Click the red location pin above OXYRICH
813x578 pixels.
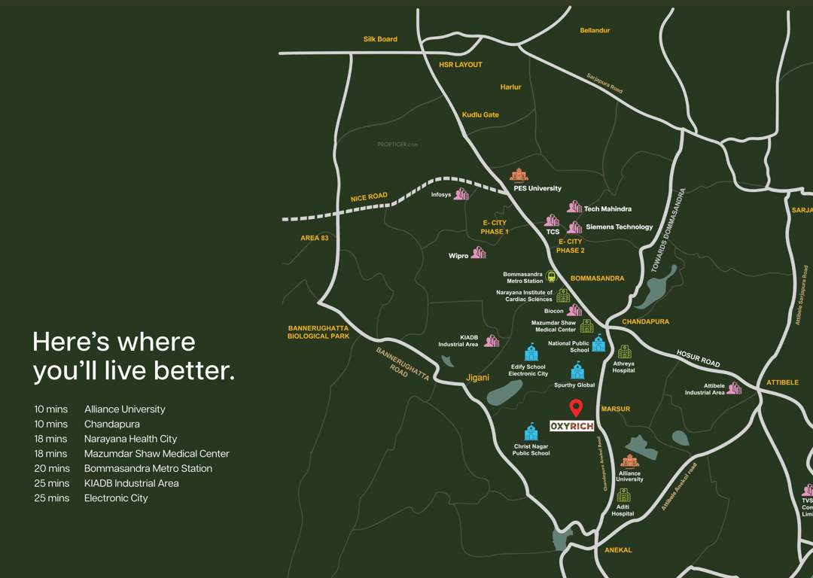click(576, 407)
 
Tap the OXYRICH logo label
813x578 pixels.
click(572, 426)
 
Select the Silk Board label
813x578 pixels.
click(380, 39)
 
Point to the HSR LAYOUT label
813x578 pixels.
click(461, 65)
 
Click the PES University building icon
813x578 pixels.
click(519, 175)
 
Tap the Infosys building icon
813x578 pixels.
click(461, 194)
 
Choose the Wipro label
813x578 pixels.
click(458, 256)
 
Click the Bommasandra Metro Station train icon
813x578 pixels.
click(551, 277)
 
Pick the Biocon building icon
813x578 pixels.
click(574, 310)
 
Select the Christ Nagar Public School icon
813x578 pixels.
click(531, 432)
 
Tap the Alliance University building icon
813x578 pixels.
click(629, 461)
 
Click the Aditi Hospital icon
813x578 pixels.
click(623, 495)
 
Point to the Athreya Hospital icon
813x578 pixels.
click(624, 351)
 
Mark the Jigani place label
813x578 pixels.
click(478, 378)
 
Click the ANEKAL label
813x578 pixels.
click(618, 550)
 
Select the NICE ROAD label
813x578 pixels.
click(369, 197)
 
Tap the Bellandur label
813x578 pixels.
click(595, 30)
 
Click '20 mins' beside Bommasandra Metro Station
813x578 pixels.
click(51, 468)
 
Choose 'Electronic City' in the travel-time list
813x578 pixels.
click(116, 498)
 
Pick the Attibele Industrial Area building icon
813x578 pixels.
click(734, 388)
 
